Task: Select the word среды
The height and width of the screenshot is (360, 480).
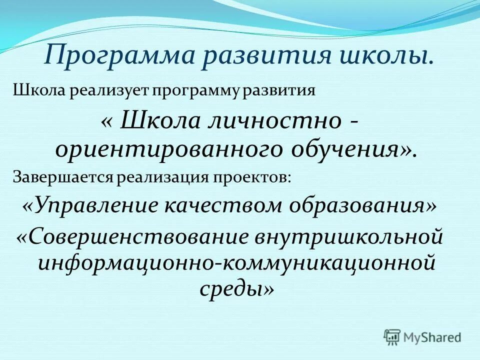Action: pyautogui.click(x=234, y=289)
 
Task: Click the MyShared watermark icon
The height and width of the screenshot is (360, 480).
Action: pyautogui.click(x=392, y=336)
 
